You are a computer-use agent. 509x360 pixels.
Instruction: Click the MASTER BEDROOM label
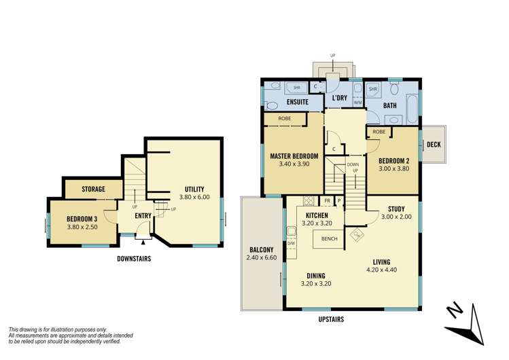[294, 156]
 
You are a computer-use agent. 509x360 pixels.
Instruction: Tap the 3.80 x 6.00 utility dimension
[194, 197]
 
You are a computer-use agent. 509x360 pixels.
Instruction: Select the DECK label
[434, 145]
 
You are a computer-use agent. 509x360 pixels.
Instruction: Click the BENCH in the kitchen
[328, 239]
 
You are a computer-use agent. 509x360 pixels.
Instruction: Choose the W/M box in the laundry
[357, 103]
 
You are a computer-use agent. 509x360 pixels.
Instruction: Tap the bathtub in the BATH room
[412, 109]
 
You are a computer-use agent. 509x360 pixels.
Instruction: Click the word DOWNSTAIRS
[134, 259]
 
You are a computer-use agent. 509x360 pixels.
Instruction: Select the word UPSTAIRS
[331, 319]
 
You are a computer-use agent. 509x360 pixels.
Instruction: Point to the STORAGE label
[94, 189]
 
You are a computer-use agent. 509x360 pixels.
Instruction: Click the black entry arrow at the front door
[143, 242]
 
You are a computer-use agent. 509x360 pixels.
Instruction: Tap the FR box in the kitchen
[328, 201]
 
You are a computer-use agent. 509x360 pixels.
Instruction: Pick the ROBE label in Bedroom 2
[379, 132]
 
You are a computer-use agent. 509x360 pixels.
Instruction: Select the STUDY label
[396, 209]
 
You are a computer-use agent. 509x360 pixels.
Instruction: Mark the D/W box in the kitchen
[291, 244]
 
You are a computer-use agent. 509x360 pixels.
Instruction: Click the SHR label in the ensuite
[297, 88]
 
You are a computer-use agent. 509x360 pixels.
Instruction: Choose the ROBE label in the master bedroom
[285, 119]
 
